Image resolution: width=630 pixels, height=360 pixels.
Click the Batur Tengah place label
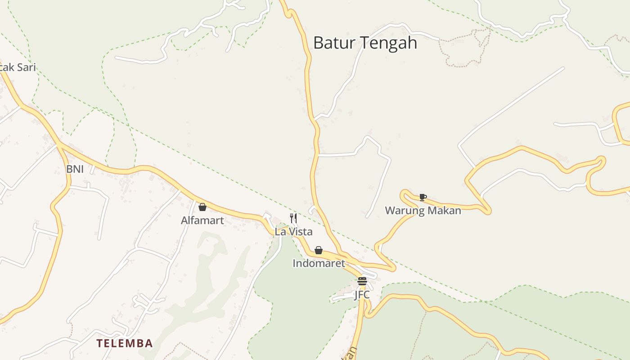pyautogui.click(x=365, y=43)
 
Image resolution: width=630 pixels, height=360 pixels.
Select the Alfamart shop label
pyautogui.click(x=202, y=220)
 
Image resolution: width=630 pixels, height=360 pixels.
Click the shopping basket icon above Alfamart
pyautogui.click(x=202, y=207)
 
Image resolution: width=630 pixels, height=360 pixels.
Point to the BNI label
pyautogui.click(x=75, y=169)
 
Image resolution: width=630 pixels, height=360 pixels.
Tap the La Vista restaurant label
pyautogui.click(x=293, y=232)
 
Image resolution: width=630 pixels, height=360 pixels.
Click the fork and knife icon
pyautogui.click(x=293, y=218)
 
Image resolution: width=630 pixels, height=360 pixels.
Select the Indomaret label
pyautogui.click(x=319, y=263)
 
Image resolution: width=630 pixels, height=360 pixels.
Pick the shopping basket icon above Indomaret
pyautogui.click(x=319, y=250)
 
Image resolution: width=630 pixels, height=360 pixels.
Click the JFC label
pyautogui.click(x=362, y=295)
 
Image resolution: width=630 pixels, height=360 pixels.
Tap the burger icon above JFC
pyautogui.click(x=362, y=282)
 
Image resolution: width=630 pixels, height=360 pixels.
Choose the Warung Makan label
pyautogui.click(x=423, y=211)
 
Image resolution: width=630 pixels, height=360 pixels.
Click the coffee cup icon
pyautogui.click(x=423, y=197)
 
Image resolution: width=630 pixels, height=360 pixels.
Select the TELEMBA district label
pyautogui.click(x=125, y=344)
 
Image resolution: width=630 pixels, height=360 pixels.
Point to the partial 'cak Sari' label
pyautogui.click(x=17, y=67)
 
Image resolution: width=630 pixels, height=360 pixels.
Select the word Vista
pyautogui.click(x=300, y=232)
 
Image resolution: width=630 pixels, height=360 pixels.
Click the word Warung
pyautogui.click(x=404, y=211)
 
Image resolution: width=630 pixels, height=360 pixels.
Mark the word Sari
pyautogui.click(x=26, y=67)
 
